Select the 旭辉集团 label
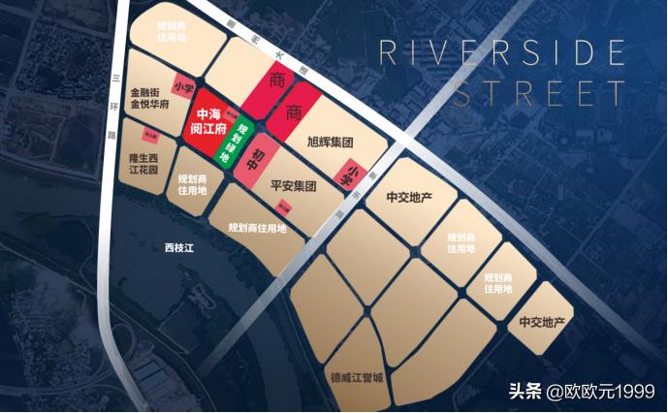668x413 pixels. coord(329,143)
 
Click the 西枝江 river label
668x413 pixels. coord(179,249)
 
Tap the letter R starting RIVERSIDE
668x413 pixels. coord(389,53)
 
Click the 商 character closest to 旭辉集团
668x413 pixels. coord(294,111)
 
